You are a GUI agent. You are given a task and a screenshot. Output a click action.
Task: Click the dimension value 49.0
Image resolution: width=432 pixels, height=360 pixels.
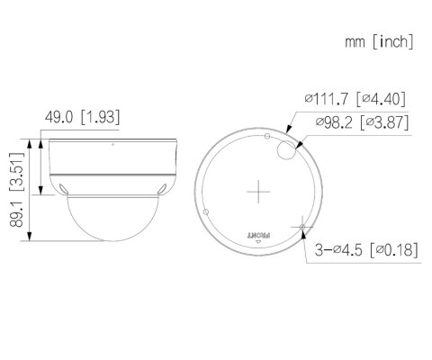click(x=59, y=117)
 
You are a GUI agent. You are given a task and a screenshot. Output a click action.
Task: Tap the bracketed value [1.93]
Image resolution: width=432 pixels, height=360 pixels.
click(x=100, y=117)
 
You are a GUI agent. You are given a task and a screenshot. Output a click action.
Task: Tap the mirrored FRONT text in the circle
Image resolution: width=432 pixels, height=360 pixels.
click(x=259, y=231)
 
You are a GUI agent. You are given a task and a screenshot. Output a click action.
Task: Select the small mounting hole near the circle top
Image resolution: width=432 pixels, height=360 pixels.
click(x=267, y=135)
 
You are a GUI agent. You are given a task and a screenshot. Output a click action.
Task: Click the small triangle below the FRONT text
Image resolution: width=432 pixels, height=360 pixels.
click(x=259, y=240)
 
